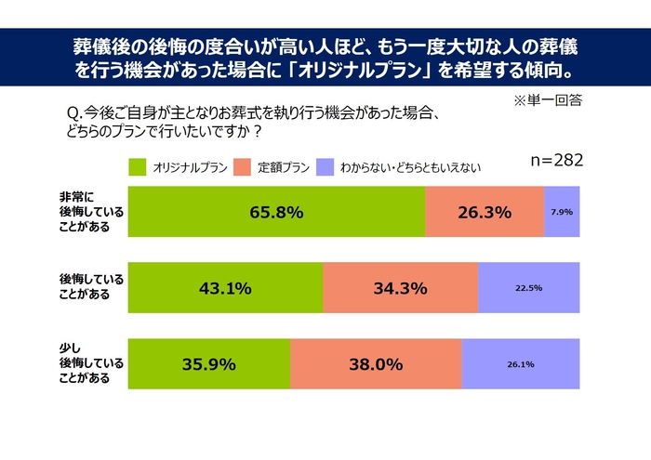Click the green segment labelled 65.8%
point(276,212)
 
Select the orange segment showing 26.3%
point(485,212)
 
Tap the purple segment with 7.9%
point(562,212)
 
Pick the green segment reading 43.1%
point(225,288)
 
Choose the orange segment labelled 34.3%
point(400,288)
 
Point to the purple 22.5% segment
point(528,288)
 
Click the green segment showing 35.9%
point(209,364)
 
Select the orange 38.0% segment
point(376,364)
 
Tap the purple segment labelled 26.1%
point(520,364)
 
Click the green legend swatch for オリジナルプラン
point(138,167)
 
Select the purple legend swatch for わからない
point(325,167)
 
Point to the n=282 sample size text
point(556,160)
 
